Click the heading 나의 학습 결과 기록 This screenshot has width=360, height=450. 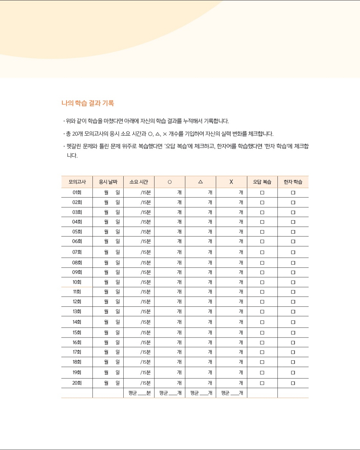pyautogui.click(x=88, y=103)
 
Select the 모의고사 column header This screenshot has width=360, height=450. pyautogui.click(x=77, y=182)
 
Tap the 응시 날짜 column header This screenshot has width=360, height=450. pyautogui.click(x=108, y=182)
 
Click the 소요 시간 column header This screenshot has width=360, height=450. pyautogui.click(x=139, y=182)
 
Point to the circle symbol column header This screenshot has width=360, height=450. pyautogui.click(x=170, y=182)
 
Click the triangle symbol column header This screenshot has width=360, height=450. pyautogui.click(x=200, y=182)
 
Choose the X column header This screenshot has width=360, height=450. pyautogui.click(x=231, y=182)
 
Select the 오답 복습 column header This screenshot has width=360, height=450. pyautogui.click(x=262, y=182)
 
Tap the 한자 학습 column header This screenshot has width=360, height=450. pyautogui.click(x=293, y=182)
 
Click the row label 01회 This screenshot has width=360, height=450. pyautogui.click(x=77, y=193)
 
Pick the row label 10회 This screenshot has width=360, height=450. pyautogui.click(x=77, y=282)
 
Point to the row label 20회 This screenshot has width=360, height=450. pyautogui.click(x=77, y=383)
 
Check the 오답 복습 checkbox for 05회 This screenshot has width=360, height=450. pyautogui.click(x=262, y=232)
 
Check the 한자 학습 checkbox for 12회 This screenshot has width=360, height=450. pyautogui.click(x=293, y=302)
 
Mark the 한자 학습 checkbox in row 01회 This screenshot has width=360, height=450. pyautogui.click(x=293, y=193)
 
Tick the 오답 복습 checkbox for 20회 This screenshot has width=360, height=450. pyautogui.click(x=262, y=383)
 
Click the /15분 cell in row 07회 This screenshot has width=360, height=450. pyautogui.click(x=145, y=252)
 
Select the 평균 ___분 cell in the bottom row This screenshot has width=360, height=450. pyautogui.click(x=139, y=393)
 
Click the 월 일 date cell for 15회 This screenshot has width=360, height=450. pyautogui.click(x=112, y=333)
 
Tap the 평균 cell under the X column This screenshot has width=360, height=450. pyautogui.click(x=232, y=393)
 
